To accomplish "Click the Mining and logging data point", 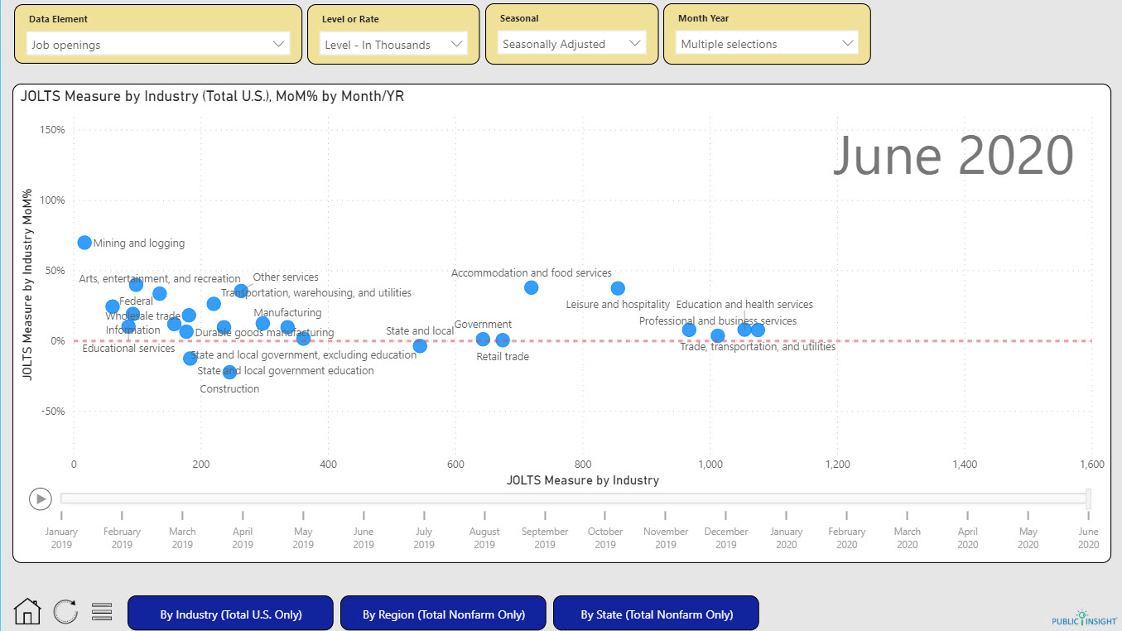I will click(x=84, y=243).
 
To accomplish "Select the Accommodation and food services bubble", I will click(x=531, y=287).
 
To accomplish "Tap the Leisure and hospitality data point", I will click(x=618, y=288).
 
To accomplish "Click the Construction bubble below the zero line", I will click(x=229, y=373).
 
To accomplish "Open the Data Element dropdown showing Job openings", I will click(x=157, y=45).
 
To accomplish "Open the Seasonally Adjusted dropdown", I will click(x=572, y=44).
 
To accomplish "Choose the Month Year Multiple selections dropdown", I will click(x=766, y=44).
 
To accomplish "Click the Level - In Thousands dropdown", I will click(x=393, y=45).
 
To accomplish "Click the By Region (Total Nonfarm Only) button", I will click(x=443, y=614).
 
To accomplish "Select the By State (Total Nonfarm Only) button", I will click(x=656, y=614).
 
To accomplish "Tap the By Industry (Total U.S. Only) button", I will click(x=230, y=614).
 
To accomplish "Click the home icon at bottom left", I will click(x=27, y=612).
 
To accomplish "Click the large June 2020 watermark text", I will click(x=952, y=157).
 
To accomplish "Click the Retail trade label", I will click(x=502, y=357).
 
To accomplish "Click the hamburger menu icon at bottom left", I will click(x=102, y=612).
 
